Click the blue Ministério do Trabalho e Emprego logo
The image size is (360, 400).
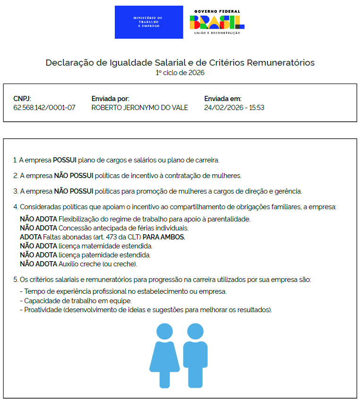149,22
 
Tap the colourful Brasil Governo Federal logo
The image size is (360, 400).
217,22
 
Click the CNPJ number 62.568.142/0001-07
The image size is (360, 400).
44,108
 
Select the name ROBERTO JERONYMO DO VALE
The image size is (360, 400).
139,108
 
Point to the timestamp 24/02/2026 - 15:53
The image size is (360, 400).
234,108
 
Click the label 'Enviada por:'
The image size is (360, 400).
110,99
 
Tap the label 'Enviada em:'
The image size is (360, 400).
223,99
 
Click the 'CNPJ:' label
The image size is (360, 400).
22,99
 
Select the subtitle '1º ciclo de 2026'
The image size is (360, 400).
180,73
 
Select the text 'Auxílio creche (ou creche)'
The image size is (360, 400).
97,264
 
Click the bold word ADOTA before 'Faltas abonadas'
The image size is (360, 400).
30,237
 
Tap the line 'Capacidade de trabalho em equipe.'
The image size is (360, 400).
78,300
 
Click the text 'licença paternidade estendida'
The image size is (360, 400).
104,255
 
